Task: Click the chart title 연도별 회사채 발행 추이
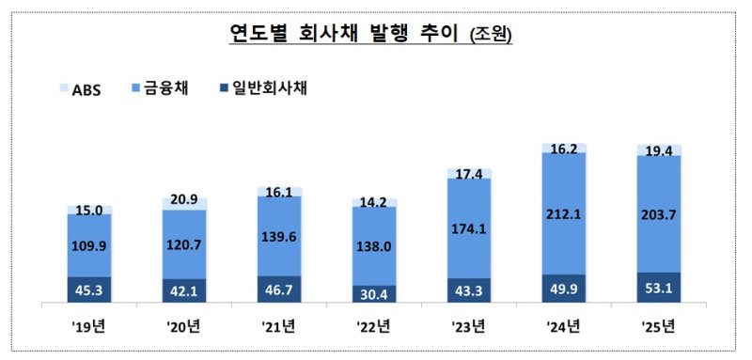[x=344, y=35]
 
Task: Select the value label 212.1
[x=564, y=215]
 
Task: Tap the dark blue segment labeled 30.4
[x=373, y=294]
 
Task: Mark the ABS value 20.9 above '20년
[x=184, y=201]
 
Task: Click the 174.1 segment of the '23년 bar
[x=469, y=229]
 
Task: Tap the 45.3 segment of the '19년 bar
[x=89, y=291]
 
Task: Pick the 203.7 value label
[x=658, y=215]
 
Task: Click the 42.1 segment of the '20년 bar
[x=184, y=292]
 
